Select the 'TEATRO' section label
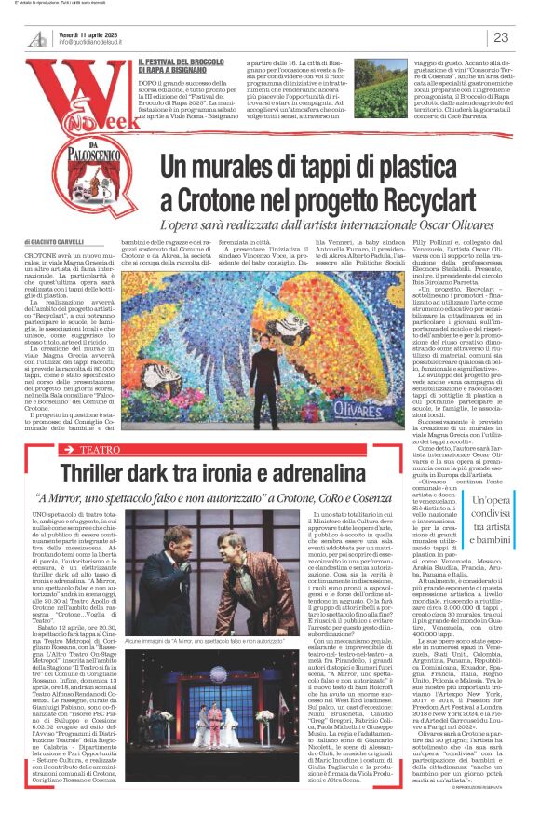click(99, 423)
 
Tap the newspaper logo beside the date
click(36, 37)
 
